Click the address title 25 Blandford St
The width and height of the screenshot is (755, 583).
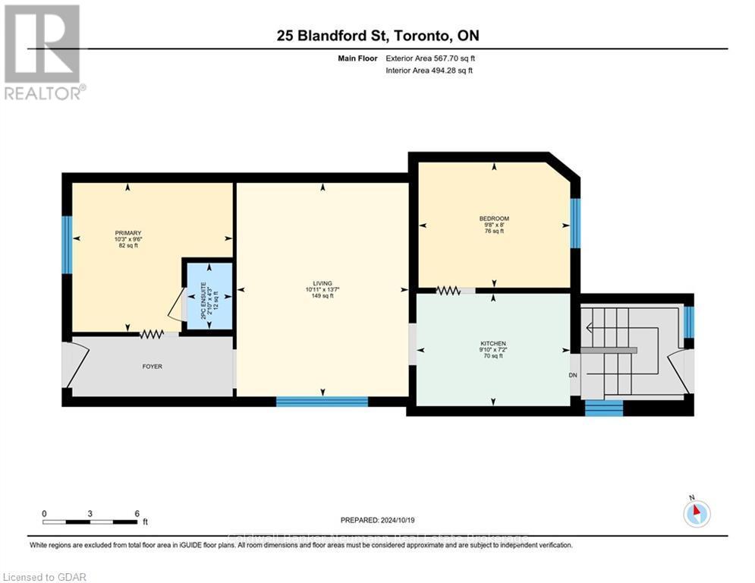[x=377, y=36]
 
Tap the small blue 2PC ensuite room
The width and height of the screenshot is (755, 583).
[x=208, y=295]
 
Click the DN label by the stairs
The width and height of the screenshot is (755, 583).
[x=574, y=375]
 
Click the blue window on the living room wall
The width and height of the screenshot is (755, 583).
[x=322, y=402]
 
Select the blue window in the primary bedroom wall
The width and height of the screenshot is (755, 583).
[x=67, y=244]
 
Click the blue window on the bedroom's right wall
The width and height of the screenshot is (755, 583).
[x=575, y=223]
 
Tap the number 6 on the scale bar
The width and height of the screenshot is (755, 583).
[x=137, y=513]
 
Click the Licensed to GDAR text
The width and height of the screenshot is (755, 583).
[x=44, y=577]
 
